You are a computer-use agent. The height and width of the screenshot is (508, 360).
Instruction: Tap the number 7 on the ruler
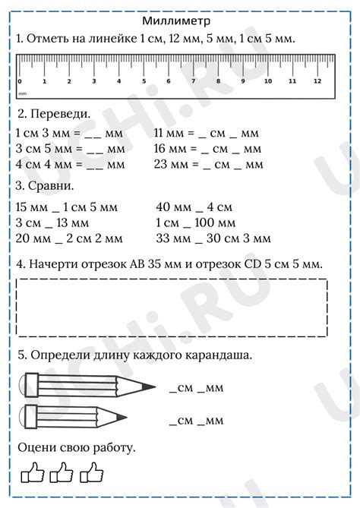194,81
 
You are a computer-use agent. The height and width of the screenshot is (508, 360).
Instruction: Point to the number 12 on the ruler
317,81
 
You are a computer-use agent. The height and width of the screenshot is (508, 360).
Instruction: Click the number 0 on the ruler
19,81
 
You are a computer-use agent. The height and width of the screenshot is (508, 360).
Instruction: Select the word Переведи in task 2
58,114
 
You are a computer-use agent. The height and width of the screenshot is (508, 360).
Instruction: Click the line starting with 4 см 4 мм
70,163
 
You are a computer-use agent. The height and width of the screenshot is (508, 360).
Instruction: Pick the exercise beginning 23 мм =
208,163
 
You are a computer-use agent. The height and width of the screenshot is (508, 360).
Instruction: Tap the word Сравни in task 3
51,185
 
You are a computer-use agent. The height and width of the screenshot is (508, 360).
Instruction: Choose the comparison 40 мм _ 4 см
194,207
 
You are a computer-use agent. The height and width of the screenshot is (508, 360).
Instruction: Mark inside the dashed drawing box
171,308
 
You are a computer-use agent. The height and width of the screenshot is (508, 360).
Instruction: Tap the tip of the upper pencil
153,389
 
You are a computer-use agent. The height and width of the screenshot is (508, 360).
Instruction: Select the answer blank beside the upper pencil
195,389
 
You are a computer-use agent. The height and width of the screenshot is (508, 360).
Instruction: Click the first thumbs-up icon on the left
33,474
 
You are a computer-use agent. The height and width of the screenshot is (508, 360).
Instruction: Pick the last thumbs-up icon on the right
92,474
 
